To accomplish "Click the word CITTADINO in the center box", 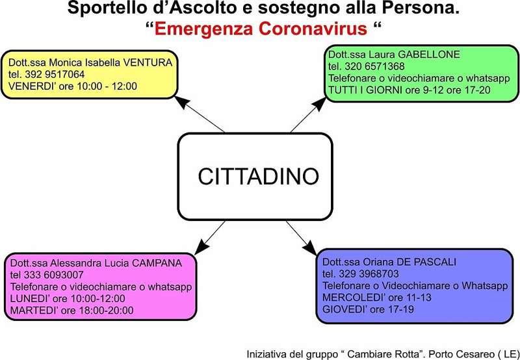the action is tap(258, 176).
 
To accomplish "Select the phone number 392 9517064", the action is tap(55, 74).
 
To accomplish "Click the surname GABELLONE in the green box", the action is tap(429, 55).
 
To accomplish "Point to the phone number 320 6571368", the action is tap(375, 66).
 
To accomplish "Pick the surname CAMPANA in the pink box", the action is tap(157, 263).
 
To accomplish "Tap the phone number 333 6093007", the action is tap(53, 275).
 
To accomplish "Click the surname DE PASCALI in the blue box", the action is tap(426, 263).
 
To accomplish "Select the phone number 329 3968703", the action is tap(369, 274).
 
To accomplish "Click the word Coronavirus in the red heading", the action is tap(313, 29).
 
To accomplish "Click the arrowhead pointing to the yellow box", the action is tap(181, 101).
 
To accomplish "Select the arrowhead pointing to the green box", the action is tap(320, 104).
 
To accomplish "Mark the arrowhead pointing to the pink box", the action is tap(201, 248).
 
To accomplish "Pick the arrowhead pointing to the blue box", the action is tap(310, 248).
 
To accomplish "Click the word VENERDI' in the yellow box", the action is tap(32, 86).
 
